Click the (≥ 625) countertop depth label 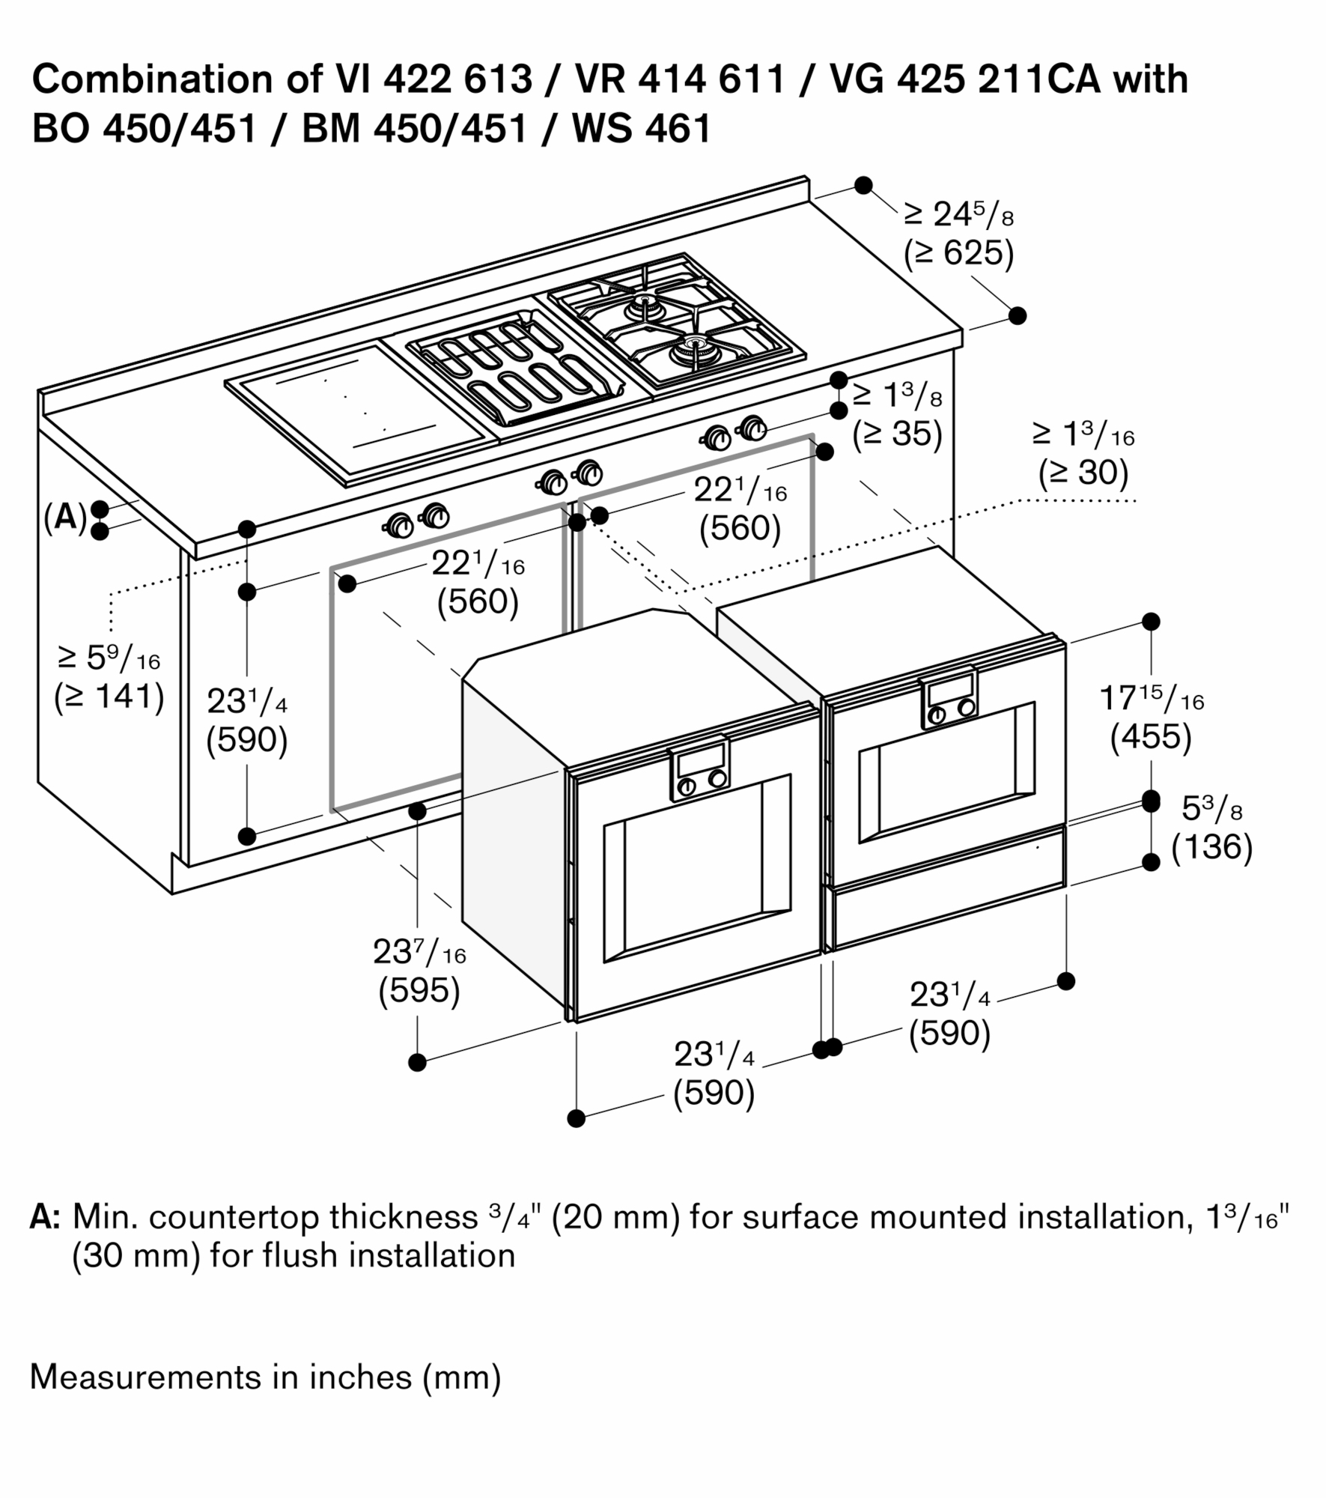958,254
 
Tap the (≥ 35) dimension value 897,434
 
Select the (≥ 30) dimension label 1083,473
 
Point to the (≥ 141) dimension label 109,697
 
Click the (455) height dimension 1151,737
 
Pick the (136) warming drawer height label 1211,847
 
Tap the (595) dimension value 419,991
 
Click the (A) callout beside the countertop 65,518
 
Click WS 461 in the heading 642,129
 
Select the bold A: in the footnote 44,1217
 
